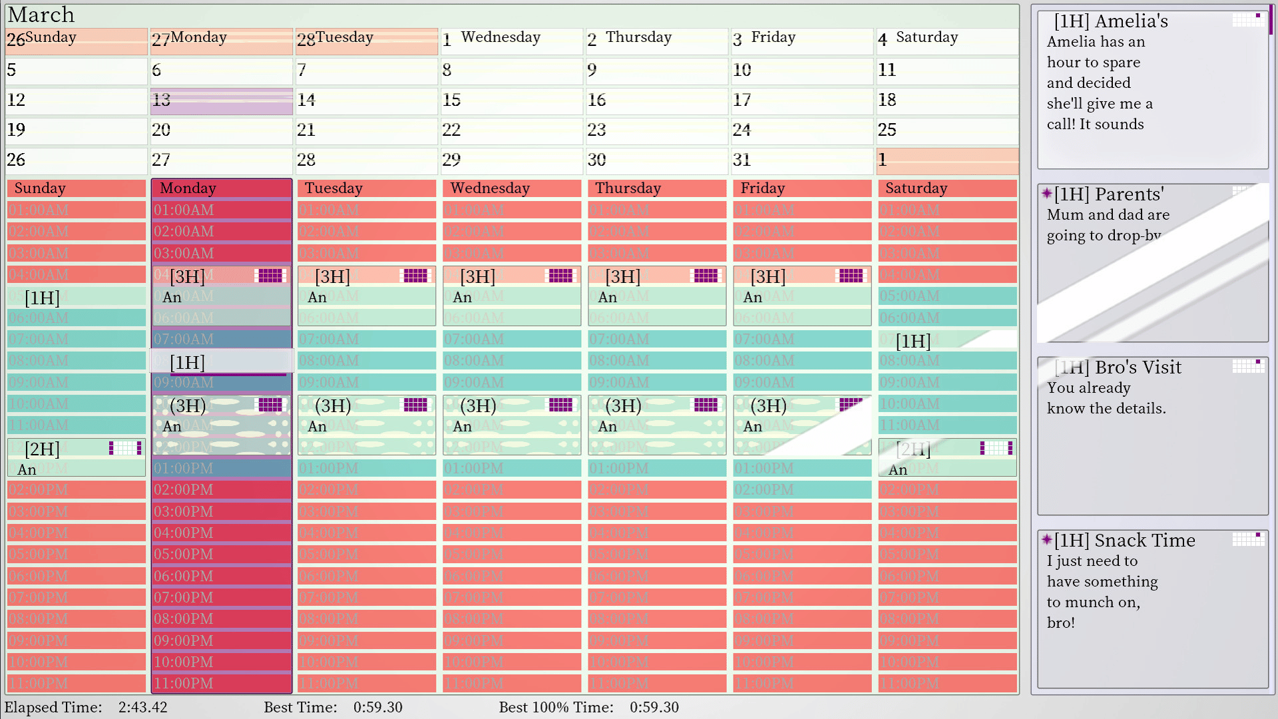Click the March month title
tap(41, 15)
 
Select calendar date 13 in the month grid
tap(221, 101)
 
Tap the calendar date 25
tap(947, 130)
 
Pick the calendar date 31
tap(801, 160)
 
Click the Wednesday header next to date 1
tap(501, 38)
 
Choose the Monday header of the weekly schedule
tap(221, 188)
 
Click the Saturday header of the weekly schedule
tap(947, 188)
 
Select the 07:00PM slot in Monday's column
tap(221, 598)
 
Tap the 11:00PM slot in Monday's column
tap(221, 684)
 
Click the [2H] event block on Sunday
tap(76, 458)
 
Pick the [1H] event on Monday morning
tap(221, 362)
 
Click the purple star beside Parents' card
tap(1047, 194)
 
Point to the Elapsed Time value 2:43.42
tap(142, 707)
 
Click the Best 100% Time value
tap(654, 707)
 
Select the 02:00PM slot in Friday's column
tap(801, 490)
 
